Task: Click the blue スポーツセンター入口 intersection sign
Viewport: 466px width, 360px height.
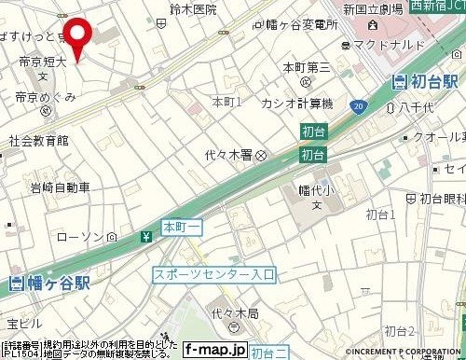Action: [215, 274]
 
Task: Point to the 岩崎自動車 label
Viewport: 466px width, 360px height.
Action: [46, 187]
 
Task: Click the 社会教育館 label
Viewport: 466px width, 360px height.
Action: [38, 142]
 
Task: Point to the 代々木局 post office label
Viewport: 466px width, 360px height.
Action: [223, 314]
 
